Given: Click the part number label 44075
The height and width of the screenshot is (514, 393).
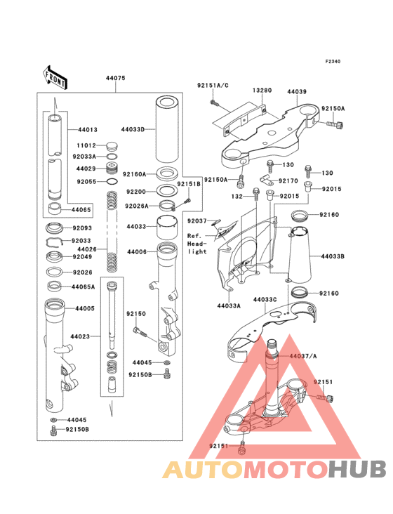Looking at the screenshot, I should coord(116,78).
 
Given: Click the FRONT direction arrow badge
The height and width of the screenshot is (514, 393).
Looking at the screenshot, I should coord(55,75).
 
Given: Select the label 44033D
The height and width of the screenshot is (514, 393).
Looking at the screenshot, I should coord(133,129).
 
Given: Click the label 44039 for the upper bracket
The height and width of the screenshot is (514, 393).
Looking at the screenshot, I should coord(297,91).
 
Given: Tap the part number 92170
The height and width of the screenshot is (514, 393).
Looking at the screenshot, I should coord(289,180).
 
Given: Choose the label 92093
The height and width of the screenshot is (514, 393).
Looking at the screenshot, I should coord(82,228).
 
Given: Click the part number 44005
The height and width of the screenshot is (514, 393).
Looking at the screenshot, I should coord(84,308).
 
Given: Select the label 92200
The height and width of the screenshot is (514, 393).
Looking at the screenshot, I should coord(135,191).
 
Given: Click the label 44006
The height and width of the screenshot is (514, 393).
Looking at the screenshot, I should coord(136,251).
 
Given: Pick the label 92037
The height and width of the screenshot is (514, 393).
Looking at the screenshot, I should coord(197,221).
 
